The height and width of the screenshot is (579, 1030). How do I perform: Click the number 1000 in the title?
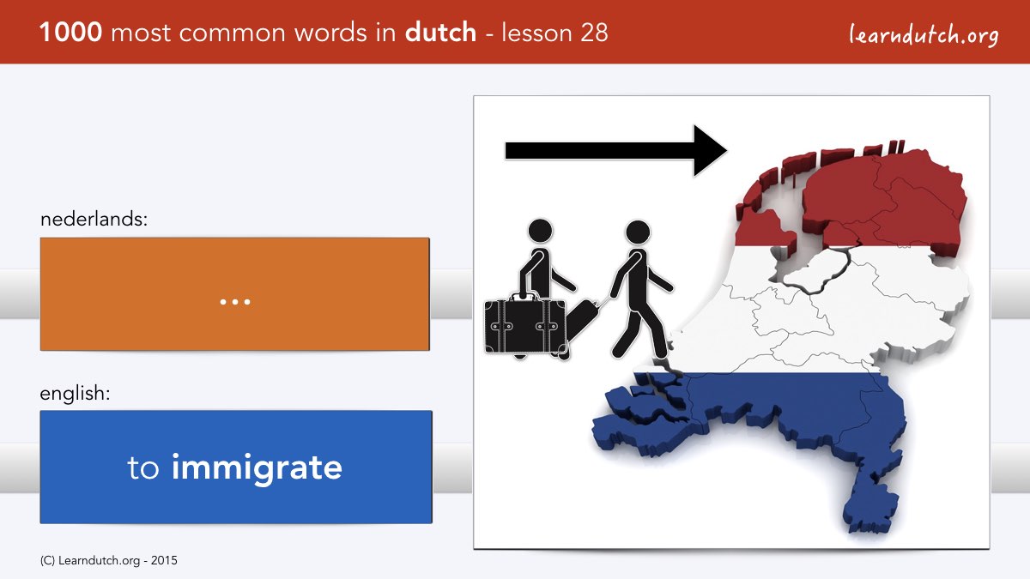pos(70,33)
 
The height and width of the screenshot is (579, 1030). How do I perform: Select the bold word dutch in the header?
pos(440,32)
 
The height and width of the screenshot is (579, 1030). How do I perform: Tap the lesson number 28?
pos(594,33)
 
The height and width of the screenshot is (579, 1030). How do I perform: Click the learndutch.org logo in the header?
pos(924,35)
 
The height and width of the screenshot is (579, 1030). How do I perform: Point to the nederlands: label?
pos(94,219)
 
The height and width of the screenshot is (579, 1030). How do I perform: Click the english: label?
pos(75,394)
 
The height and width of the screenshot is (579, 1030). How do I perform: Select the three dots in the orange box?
pos(235,302)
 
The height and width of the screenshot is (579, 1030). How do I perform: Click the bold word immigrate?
pos(257,468)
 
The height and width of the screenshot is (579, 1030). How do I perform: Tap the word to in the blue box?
pos(143,468)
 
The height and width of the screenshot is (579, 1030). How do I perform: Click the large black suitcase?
pos(525,327)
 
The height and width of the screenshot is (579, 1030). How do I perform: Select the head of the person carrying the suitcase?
pos(540,231)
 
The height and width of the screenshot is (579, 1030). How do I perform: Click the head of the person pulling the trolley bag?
pos(638,232)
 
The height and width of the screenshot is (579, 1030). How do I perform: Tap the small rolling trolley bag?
pos(582,320)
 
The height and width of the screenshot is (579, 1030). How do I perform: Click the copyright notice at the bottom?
pos(108,561)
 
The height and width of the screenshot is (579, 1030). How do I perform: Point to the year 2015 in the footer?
pos(164,561)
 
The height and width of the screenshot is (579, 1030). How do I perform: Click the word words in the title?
pos(331,33)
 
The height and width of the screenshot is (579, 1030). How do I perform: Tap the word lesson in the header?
pos(536,33)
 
